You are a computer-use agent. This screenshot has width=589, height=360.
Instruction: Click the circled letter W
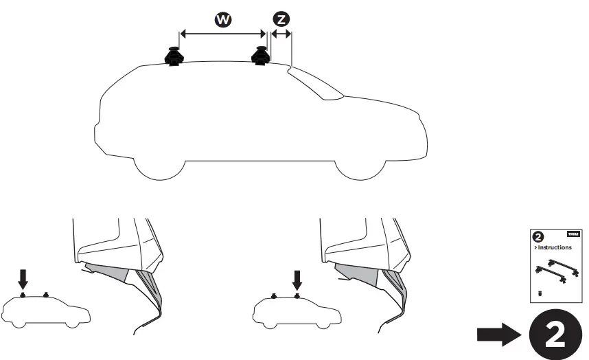coord(222,20)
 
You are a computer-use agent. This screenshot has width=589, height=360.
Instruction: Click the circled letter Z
coord(281,20)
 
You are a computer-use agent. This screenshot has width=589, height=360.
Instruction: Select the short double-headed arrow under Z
coord(281,33)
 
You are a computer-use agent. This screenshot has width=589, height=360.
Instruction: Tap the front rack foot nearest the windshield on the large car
coord(260,56)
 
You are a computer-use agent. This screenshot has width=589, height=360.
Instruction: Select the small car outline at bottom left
coord(45,311)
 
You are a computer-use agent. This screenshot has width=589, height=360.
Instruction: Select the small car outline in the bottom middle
coord(297,311)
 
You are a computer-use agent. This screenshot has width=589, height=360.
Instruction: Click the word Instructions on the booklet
coord(555,247)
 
